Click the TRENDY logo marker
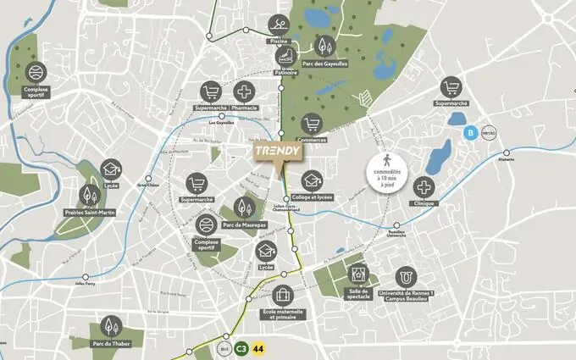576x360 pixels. tap(278, 150)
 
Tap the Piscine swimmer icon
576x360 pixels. tap(277, 25)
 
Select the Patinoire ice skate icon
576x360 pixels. tap(286, 56)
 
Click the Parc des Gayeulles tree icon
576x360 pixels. tap(325, 47)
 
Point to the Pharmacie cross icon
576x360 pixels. tap(244, 91)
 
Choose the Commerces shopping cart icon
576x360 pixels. tap(313, 124)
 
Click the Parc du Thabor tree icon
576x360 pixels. tap(110, 326)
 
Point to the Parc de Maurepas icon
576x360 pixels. tap(242, 206)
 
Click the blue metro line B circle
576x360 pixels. tap(468, 132)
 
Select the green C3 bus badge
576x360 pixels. tap(241, 347)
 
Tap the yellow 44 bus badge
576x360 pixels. tap(258, 347)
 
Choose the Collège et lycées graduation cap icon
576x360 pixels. tap(311, 180)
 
